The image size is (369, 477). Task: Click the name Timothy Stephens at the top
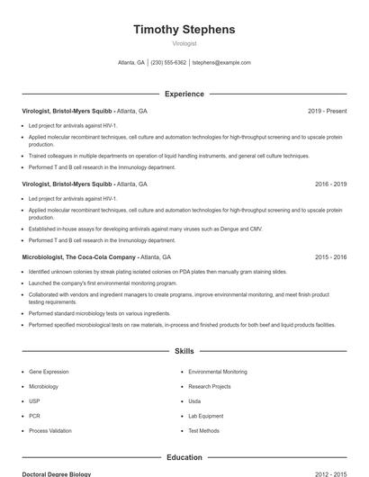(x=184, y=30)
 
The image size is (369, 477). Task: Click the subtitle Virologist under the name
(x=184, y=43)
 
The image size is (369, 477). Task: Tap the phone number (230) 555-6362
(x=168, y=63)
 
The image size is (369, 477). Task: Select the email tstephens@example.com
(x=221, y=63)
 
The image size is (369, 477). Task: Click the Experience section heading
(x=184, y=94)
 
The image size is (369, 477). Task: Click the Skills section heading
(x=184, y=350)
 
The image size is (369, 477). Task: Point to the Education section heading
(x=184, y=457)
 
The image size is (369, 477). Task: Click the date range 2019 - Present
(x=327, y=111)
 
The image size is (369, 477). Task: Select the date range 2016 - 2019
(x=330, y=184)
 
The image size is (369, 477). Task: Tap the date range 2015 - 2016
(x=330, y=256)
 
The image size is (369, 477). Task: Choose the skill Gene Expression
(x=49, y=371)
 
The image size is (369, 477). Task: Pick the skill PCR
(x=34, y=416)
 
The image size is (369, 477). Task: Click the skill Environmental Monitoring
(x=218, y=371)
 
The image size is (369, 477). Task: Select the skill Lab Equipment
(x=206, y=416)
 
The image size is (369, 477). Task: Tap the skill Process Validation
(x=50, y=431)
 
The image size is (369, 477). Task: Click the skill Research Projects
(x=210, y=386)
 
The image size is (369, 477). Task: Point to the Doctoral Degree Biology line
(x=56, y=473)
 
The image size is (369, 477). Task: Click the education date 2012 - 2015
(x=330, y=473)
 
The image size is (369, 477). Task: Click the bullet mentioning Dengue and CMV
(x=144, y=229)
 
